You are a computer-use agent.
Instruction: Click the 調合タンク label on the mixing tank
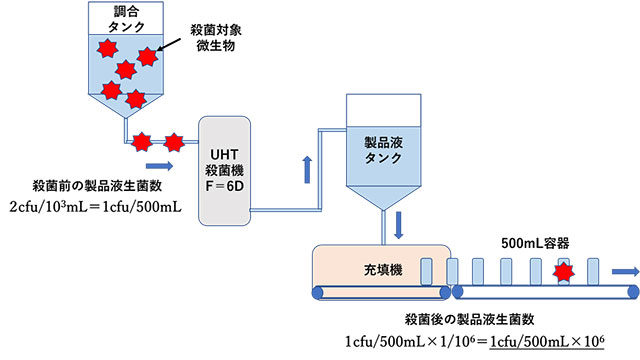coord(119,19)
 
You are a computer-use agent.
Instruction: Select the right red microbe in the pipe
coord(174,141)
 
